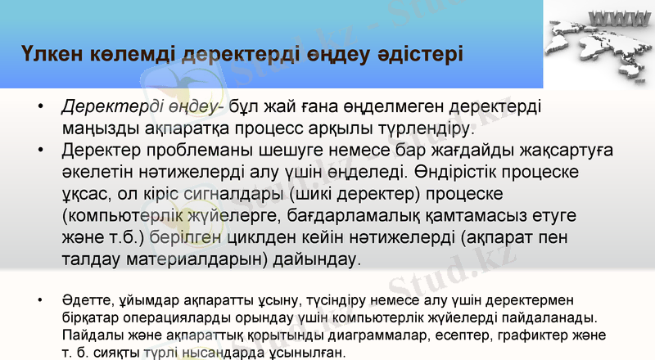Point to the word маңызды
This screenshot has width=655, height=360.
[x=97, y=129]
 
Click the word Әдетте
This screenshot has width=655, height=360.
[x=84, y=300]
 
